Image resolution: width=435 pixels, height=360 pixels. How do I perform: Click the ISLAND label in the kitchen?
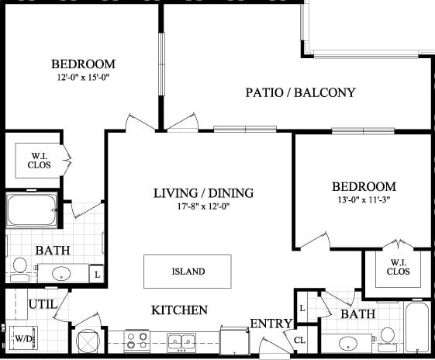pyautogui.click(x=188, y=272)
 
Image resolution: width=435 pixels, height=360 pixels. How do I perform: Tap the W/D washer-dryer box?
pyautogui.click(x=24, y=338)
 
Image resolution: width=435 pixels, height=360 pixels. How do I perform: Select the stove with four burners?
pyautogui.click(x=137, y=340)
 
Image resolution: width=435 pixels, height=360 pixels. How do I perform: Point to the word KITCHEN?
pyautogui.click(x=179, y=310)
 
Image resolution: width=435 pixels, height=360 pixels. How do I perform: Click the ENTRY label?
pyautogui.click(x=271, y=324)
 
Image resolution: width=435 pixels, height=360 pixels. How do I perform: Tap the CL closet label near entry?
pyautogui.click(x=300, y=339)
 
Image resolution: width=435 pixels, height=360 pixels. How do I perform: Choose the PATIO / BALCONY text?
pyautogui.click(x=300, y=92)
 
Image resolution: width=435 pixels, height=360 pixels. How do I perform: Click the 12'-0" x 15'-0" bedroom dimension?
pyautogui.click(x=83, y=78)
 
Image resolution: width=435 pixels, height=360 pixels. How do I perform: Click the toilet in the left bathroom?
pyautogui.click(x=20, y=268)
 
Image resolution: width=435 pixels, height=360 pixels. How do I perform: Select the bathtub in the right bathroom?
pyautogui.click(x=417, y=328)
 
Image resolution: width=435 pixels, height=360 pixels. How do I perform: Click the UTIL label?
pyautogui.click(x=42, y=304)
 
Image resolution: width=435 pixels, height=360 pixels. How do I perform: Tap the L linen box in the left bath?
pyautogui.click(x=97, y=274)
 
